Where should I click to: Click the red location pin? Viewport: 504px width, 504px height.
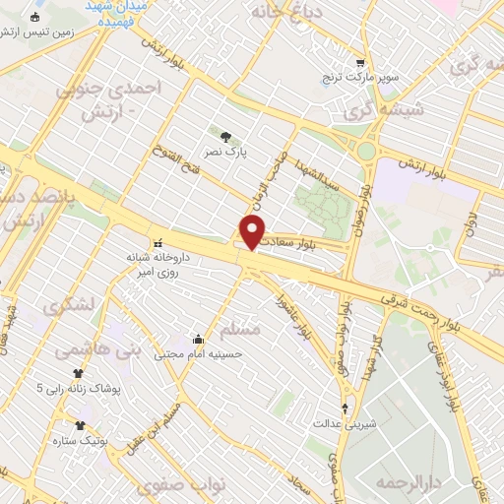coord(253,232)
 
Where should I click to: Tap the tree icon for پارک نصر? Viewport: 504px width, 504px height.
coord(228,137)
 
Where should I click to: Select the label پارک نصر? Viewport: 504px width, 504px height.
coord(228,154)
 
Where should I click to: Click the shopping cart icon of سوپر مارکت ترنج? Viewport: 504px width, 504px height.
coord(361,61)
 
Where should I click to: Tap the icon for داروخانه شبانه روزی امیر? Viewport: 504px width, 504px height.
coord(156,242)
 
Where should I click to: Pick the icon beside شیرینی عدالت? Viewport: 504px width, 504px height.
coord(345,407)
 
